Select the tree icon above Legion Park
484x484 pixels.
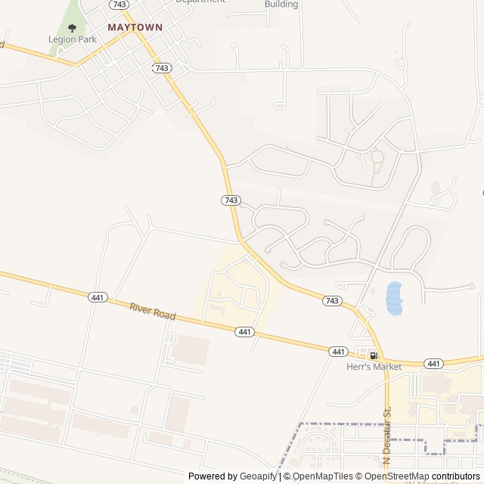(x=73, y=28)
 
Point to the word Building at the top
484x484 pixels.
(x=281, y=4)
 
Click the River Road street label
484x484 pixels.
(x=152, y=311)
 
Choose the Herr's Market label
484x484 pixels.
(x=374, y=367)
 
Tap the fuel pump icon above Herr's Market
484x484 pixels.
(x=374, y=355)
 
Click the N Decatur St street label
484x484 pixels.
(x=387, y=436)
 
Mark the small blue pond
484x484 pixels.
(x=394, y=298)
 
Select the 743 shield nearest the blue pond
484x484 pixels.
(x=332, y=301)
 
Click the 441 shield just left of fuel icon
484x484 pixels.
(x=338, y=352)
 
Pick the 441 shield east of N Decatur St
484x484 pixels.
(x=433, y=364)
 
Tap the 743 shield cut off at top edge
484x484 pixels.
(x=118, y=4)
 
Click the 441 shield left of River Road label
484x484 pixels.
(x=98, y=297)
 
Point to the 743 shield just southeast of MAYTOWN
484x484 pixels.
(x=162, y=68)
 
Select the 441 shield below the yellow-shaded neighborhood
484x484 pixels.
(x=244, y=332)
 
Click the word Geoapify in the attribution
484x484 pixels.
(x=257, y=476)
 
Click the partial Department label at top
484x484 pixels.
(x=200, y=2)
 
